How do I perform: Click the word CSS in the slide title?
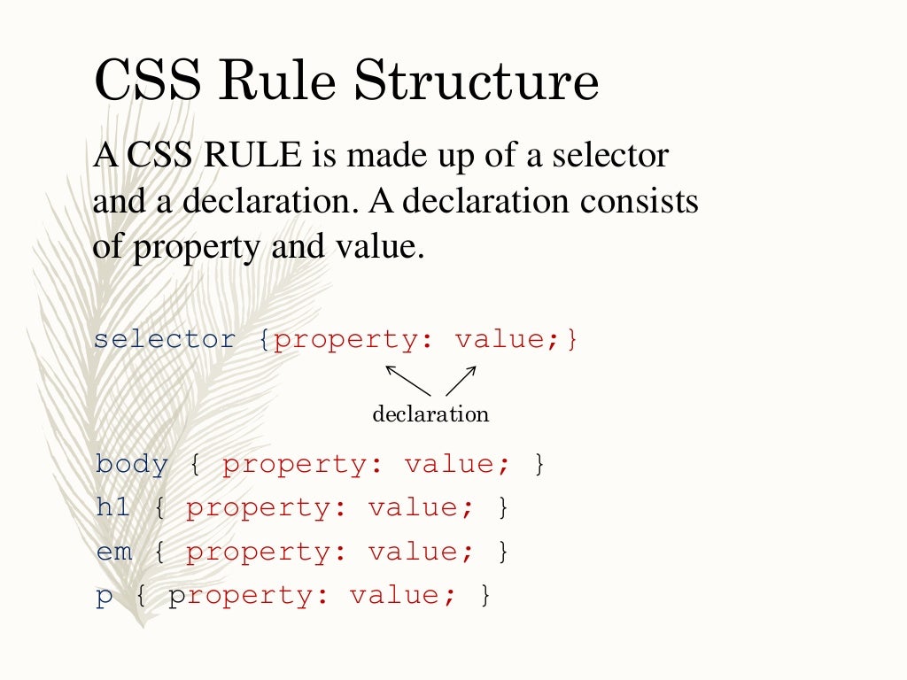click(x=145, y=81)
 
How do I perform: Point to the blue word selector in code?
click(x=165, y=340)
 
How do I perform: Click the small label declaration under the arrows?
click(x=430, y=414)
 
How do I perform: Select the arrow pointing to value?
click(x=461, y=380)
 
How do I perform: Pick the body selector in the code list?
click(x=132, y=464)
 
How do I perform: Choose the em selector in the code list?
click(x=114, y=552)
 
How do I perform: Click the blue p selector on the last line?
click(x=105, y=596)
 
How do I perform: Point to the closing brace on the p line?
click(x=485, y=595)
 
